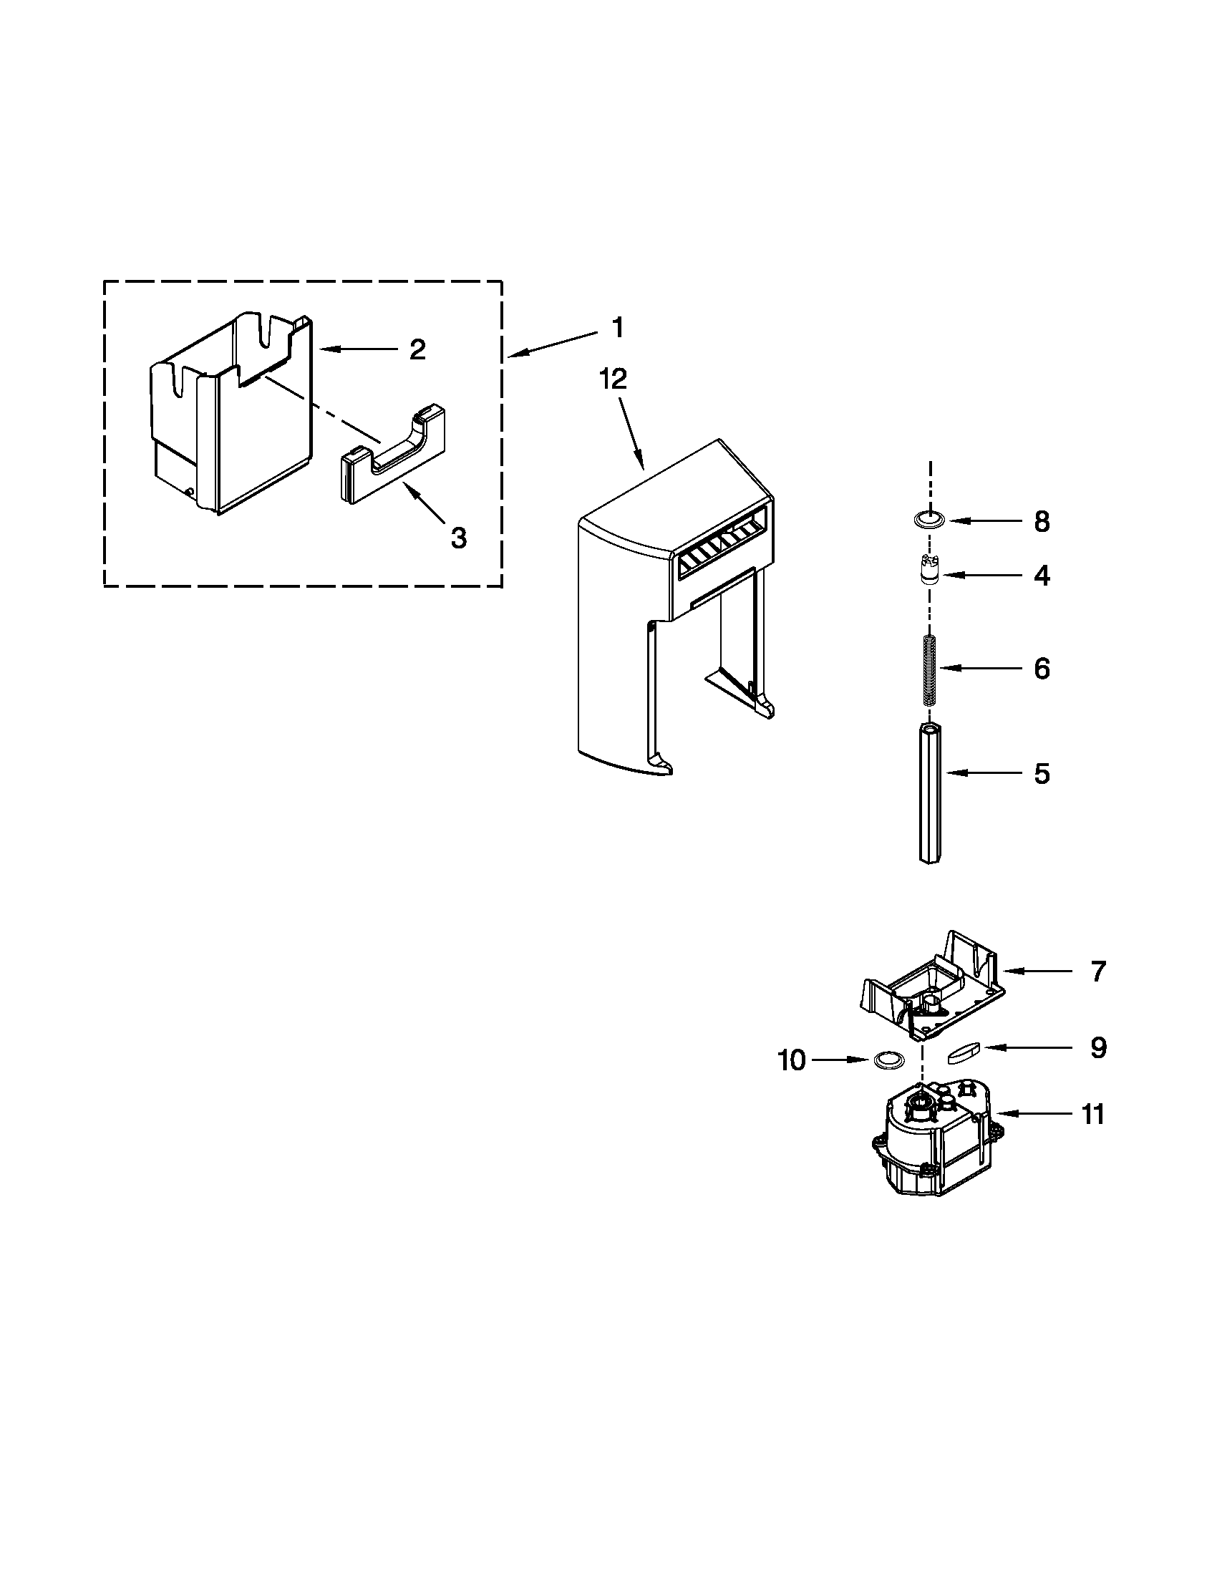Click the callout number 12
[613, 379]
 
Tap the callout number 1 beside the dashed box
[617, 328]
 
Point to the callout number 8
[1042, 521]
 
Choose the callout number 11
[1093, 1114]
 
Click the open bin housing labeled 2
[231, 411]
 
